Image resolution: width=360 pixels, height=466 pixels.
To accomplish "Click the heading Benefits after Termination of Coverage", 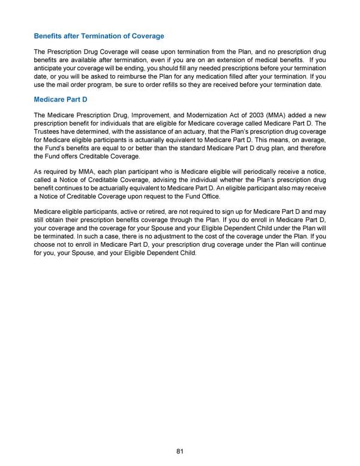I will pyautogui.click(x=99, y=36).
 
